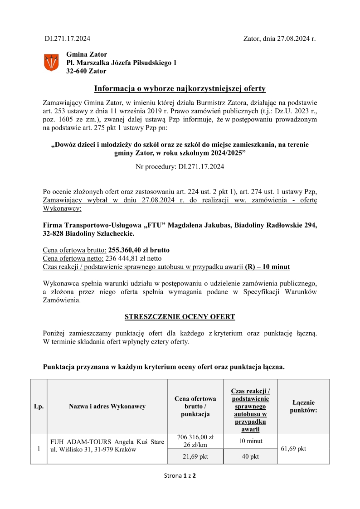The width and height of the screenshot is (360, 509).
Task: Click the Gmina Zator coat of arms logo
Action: click(51, 62)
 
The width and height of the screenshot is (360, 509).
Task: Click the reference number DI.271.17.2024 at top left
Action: click(67, 38)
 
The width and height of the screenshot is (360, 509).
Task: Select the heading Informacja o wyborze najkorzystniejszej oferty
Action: click(180, 88)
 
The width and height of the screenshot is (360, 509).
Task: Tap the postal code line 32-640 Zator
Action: click(86, 71)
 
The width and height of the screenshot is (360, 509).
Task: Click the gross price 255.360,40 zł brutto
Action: click(139, 250)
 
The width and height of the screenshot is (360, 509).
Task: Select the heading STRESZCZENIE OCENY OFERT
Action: click(180, 316)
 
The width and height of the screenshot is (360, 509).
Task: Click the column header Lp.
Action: click(39, 406)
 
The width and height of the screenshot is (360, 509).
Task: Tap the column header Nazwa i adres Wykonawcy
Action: click(107, 406)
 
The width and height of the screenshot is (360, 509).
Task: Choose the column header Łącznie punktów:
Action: click(303, 406)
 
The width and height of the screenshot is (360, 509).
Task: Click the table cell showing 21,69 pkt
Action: click(195, 456)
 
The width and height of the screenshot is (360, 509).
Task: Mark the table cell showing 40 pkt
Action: click(250, 456)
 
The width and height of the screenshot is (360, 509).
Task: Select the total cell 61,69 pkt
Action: click(294, 449)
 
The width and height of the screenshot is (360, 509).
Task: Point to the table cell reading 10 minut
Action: click(250, 441)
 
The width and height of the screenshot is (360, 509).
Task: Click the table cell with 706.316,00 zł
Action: click(195, 437)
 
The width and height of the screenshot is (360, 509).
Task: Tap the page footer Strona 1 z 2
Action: click(180, 476)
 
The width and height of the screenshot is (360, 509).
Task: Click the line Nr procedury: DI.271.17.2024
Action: click(180, 167)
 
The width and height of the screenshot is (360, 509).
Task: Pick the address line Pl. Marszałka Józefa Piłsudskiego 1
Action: click(122, 63)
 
